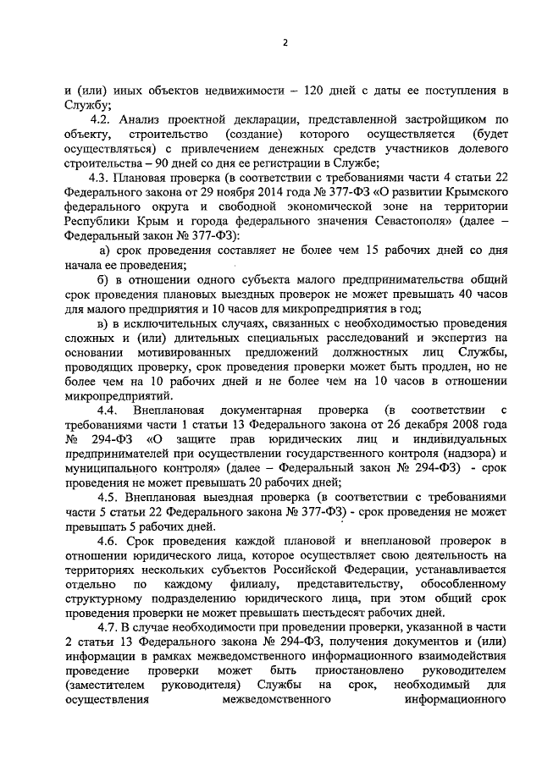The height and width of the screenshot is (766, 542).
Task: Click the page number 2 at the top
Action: pyautogui.click(x=285, y=43)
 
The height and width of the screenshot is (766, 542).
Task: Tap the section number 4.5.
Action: pyautogui.click(x=113, y=497)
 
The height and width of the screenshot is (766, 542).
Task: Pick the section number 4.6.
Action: pyautogui.click(x=113, y=543)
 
